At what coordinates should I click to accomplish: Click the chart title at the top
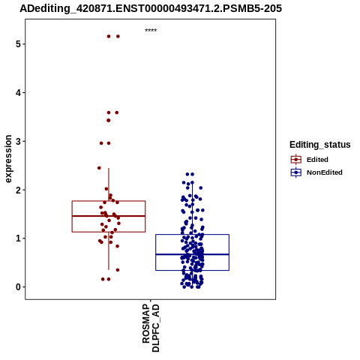tap(151, 8)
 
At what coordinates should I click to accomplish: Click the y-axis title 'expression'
tap(8, 159)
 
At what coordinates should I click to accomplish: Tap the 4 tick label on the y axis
tap(18, 93)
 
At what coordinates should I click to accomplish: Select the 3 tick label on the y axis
tap(18, 141)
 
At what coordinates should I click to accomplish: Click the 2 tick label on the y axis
tap(18, 190)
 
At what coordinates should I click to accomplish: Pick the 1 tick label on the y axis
tap(18, 238)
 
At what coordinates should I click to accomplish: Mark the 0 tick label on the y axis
tap(18, 287)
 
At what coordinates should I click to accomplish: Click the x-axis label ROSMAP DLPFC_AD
tap(151, 328)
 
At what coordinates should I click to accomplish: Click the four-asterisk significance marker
tap(151, 30)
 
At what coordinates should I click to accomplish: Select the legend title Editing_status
tap(320, 145)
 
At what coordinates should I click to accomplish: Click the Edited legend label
tap(317, 160)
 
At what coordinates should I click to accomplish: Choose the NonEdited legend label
tap(325, 172)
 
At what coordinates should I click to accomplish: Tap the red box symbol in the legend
tap(296, 160)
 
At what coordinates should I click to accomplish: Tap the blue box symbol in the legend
tap(296, 172)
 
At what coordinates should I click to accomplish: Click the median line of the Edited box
tap(109, 216)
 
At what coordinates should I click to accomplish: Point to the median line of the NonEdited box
tap(192, 254)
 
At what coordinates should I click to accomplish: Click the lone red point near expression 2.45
tap(99, 168)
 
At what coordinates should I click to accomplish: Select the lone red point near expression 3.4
tap(109, 121)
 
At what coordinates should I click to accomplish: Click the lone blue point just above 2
tap(200, 187)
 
